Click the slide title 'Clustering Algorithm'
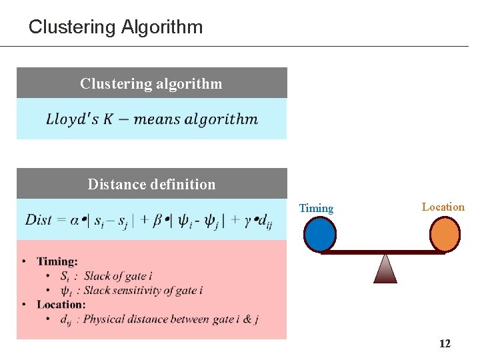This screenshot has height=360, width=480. pos(115,27)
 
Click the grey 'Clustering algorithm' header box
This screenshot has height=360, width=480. pos(151,83)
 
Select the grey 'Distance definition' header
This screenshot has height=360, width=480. pos(151,184)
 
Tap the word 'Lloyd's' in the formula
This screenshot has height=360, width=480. pos(71,119)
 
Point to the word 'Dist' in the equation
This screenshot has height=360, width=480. pos(39,219)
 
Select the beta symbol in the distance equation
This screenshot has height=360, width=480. pos(157,220)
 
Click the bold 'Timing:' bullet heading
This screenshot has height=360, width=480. pos(57,261)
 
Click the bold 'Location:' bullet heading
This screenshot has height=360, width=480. pos(61,304)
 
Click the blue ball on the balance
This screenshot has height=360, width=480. pos(320,235)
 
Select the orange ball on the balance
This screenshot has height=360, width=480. pos(444,234)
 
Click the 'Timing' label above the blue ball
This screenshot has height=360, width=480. pos(316,208)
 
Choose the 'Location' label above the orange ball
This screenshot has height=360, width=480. pos(443,207)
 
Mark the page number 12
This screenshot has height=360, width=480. pos(445,343)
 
